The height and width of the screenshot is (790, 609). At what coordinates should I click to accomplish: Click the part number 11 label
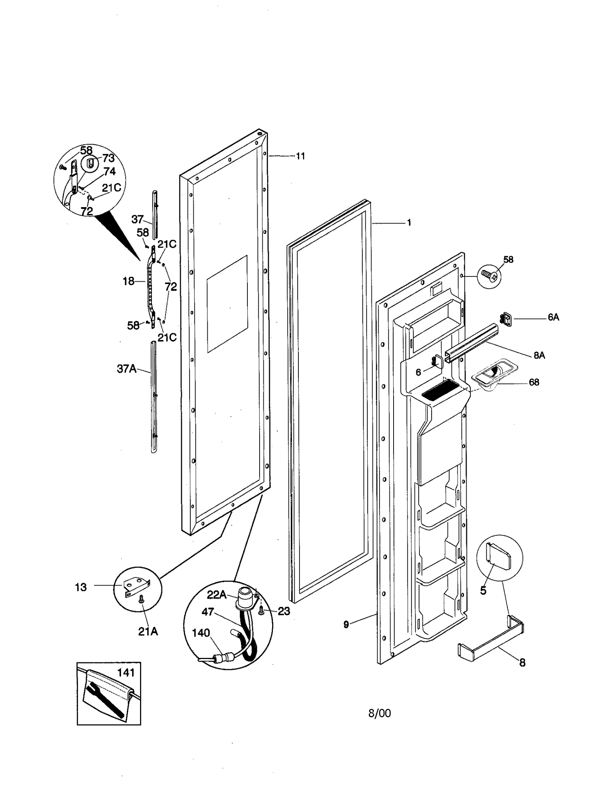coord(301,156)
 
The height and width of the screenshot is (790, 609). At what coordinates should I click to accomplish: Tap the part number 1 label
coord(409,223)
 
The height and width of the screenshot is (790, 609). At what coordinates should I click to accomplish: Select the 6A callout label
coord(553,317)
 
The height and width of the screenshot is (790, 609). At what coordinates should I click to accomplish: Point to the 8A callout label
coord(539,355)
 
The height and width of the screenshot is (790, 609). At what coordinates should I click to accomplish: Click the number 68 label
coord(534,382)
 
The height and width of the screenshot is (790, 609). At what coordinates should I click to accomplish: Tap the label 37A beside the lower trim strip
coord(126,369)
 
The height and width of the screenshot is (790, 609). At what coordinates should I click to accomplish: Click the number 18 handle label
coord(128,281)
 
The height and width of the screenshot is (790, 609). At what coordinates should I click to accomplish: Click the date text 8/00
coord(379,713)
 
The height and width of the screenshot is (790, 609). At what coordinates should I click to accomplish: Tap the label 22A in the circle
coord(217,594)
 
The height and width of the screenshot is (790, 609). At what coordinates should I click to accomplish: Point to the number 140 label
coord(201,633)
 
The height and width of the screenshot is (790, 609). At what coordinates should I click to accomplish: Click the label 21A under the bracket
coord(148,632)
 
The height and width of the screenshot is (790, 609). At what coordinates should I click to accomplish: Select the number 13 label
coord(81,587)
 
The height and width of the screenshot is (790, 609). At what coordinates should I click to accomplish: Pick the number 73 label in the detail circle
coord(108,158)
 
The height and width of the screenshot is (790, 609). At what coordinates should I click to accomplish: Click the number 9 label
coord(346,624)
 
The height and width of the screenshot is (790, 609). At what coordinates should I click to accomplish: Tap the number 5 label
coord(483,591)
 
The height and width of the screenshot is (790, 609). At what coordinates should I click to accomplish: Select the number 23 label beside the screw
coord(284,611)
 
